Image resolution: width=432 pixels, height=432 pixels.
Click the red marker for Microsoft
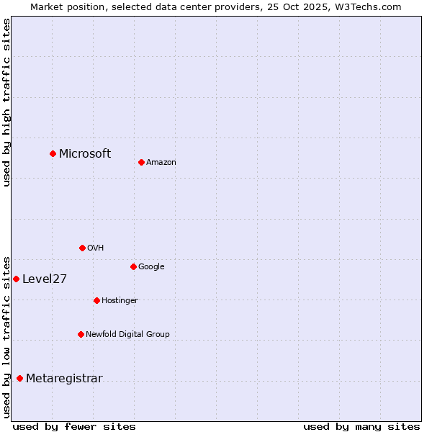click(53, 153)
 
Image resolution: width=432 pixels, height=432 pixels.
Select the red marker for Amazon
click(141, 162)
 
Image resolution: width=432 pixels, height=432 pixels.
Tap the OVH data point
click(82, 248)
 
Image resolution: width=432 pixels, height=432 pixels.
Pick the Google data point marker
click(133, 266)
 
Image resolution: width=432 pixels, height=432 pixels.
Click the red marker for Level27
click(16, 279)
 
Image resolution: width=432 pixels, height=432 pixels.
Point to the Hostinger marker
click(96, 300)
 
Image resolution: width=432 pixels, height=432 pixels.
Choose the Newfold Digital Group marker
click(81, 334)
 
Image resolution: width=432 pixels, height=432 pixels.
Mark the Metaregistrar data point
click(19, 378)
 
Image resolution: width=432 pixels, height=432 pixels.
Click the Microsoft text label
click(85, 153)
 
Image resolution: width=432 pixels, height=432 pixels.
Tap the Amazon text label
click(161, 163)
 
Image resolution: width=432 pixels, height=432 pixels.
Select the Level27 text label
click(45, 279)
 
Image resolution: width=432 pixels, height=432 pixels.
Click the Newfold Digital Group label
click(127, 334)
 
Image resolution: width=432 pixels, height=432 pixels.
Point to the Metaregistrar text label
click(64, 379)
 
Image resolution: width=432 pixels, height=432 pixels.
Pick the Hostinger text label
click(120, 300)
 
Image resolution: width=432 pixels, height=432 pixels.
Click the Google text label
click(151, 267)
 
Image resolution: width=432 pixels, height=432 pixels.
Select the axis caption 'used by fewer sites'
click(74, 426)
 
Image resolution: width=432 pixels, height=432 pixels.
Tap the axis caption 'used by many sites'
click(361, 426)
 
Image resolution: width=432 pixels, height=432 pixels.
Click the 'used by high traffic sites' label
click(6, 102)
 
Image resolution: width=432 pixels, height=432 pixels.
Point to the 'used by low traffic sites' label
click(6, 336)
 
